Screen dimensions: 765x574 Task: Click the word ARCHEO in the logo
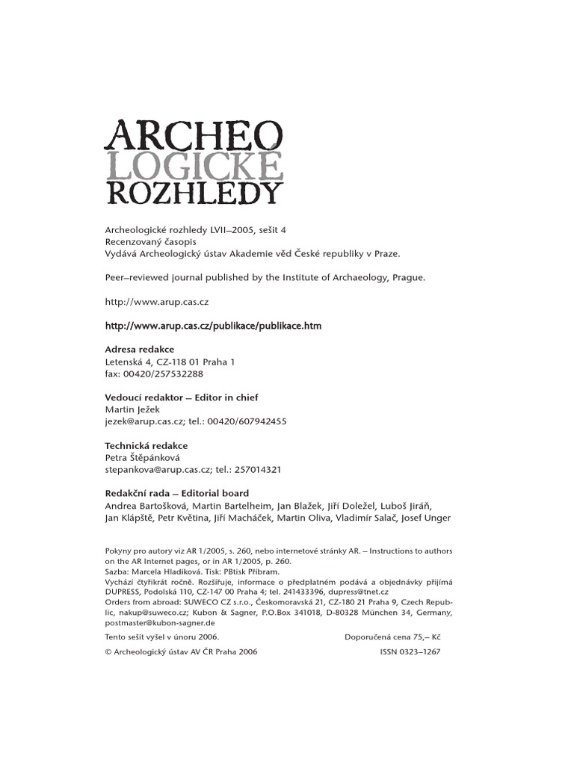coord(194,136)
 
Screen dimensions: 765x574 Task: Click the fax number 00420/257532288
coord(154,374)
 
